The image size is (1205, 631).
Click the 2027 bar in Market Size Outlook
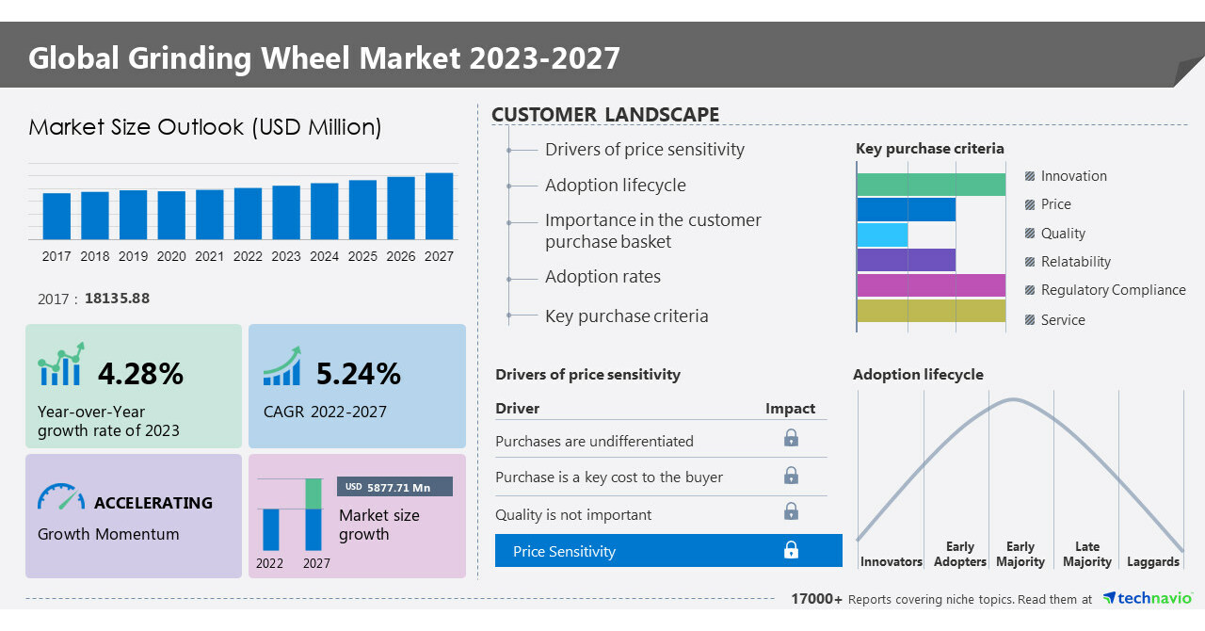[x=439, y=206]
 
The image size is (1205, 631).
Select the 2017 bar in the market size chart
[x=56, y=217]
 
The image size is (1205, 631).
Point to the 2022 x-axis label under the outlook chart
[x=248, y=256]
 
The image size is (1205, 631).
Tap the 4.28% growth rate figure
[x=140, y=374]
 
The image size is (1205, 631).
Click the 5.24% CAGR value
[x=358, y=374]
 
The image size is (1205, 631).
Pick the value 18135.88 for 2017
[x=117, y=299]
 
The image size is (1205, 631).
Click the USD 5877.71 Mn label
[x=394, y=487]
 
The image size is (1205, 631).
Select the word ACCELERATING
[x=153, y=503]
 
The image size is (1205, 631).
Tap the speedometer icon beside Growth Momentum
[x=60, y=497]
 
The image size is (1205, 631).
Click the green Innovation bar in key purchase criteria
[x=930, y=185]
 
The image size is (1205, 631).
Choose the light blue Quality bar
[x=882, y=235]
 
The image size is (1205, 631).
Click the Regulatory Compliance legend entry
[x=1112, y=290]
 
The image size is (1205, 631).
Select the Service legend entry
[x=1062, y=320]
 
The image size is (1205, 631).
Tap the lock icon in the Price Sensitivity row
[x=791, y=551]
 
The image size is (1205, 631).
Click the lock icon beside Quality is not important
[x=791, y=511]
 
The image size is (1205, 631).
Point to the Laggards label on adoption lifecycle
[x=1152, y=562]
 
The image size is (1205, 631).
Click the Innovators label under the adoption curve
[x=891, y=562]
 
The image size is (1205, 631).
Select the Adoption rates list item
[x=602, y=277]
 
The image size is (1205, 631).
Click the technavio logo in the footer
[x=1148, y=599]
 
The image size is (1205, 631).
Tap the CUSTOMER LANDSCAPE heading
[x=605, y=115]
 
